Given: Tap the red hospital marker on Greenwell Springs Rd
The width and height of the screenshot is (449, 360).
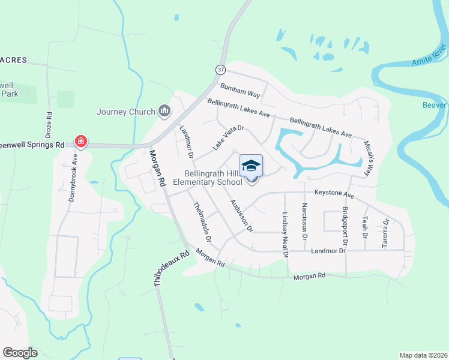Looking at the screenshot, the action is tap(80, 142).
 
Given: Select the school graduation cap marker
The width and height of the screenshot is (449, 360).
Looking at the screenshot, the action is tap(252, 166).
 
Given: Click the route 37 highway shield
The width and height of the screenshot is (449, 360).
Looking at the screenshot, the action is tap(220, 70).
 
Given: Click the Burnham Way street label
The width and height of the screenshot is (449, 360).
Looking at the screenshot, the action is tap(240, 91).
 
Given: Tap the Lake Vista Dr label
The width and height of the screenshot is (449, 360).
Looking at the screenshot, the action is tap(228, 137).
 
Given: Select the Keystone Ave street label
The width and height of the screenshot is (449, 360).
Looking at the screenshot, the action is tap(334, 195).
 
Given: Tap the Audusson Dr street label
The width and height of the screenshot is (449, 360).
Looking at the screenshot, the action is tap(241, 215).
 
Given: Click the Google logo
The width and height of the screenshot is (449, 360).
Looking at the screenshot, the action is tap(20, 353).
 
